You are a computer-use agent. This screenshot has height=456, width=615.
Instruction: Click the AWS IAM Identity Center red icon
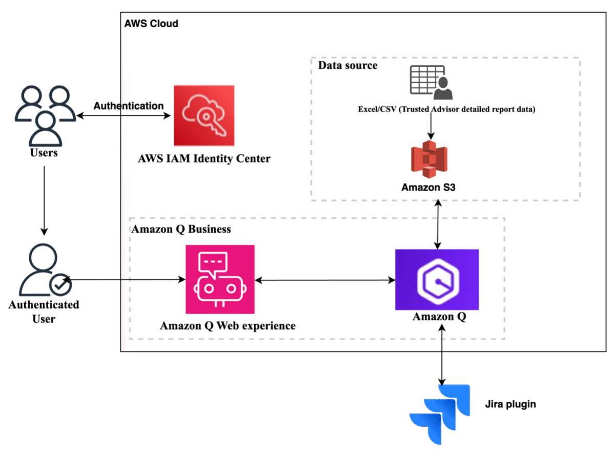(204, 115)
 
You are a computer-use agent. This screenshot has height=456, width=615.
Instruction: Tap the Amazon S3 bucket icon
(429, 159)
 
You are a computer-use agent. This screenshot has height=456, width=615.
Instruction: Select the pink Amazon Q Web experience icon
(220, 279)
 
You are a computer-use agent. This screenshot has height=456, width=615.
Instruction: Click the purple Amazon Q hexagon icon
(437, 279)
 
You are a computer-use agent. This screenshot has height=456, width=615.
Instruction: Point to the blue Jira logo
(440, 414)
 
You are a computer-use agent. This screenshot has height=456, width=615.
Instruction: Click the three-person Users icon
(45, 116)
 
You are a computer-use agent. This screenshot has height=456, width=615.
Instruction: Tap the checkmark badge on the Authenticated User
(60, 285)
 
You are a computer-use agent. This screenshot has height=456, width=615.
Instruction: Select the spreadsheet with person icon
(431, 82)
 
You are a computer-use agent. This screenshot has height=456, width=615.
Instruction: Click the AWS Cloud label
(151, 24)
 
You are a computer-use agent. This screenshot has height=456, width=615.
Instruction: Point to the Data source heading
(347, 66)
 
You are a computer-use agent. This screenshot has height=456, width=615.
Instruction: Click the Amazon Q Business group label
(181, 229)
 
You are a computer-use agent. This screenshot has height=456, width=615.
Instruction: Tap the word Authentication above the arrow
(128, 106)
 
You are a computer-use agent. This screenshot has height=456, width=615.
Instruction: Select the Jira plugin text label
(510, 404)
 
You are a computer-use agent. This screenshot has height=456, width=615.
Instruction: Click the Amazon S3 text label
(428, 188)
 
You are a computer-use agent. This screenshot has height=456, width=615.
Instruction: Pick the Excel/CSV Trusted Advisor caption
(446, 109)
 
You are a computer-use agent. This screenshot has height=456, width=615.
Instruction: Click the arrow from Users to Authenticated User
(44, 201)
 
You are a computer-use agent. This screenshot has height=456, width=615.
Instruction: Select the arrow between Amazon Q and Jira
(441, 355)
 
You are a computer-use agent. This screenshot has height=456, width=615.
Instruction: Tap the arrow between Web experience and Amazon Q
(325, 280)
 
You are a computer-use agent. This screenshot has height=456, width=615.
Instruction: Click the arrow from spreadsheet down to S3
(430, 126)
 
